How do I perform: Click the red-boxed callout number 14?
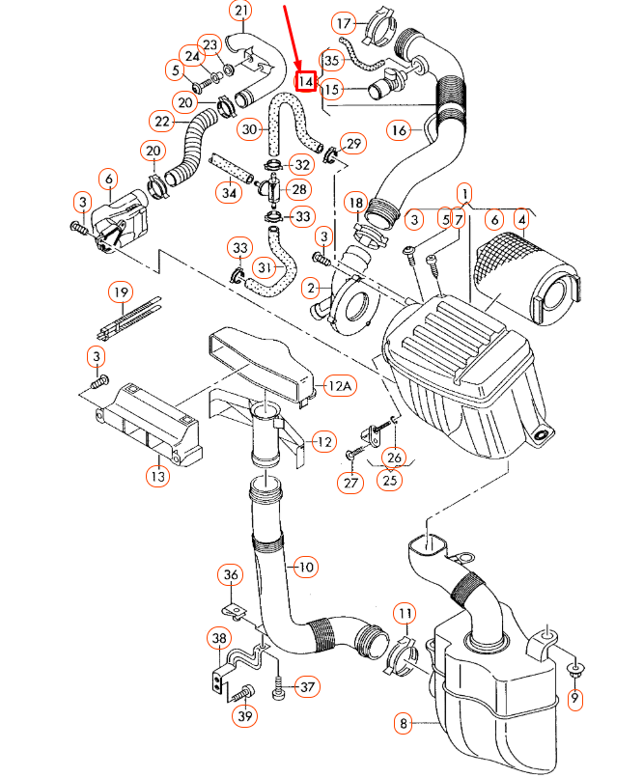[306, 82]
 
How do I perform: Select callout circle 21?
[240, 12]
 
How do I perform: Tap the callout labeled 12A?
[341, 387]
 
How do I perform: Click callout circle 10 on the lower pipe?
[305, 567]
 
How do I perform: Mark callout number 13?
[157, 475]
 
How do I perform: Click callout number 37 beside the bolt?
[306, 687]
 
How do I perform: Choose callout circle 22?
[162, 122]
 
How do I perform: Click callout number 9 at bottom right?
[576, 698]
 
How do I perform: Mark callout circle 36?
[230, 576]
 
